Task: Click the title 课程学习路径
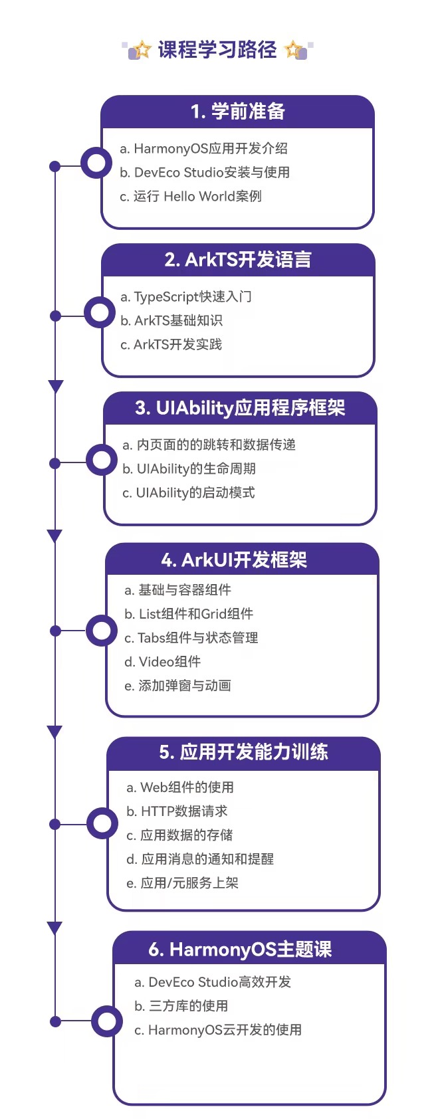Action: [217, 50]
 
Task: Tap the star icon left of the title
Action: [141, 50]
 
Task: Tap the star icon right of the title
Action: [294, 50]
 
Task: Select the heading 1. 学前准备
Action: [237, 112]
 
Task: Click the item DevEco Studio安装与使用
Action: [205, 172]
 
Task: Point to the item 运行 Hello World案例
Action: [191, 196]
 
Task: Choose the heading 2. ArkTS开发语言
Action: [238, 260]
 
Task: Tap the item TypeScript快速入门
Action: [186, 296]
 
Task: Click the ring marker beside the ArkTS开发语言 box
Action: [100, 312]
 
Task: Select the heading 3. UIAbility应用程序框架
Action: [240, 408]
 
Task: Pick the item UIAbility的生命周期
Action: [189, 468]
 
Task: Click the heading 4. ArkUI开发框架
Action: [234, 560]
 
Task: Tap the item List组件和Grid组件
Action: [189, 614]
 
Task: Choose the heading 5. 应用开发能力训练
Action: [243, 752]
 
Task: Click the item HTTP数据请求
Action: [177, 811]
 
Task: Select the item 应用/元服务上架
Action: [182, 883]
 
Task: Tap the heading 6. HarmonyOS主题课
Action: [240, 950]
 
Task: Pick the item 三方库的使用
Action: [181, 1006]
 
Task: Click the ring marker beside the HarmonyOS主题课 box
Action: [106, 1021]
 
